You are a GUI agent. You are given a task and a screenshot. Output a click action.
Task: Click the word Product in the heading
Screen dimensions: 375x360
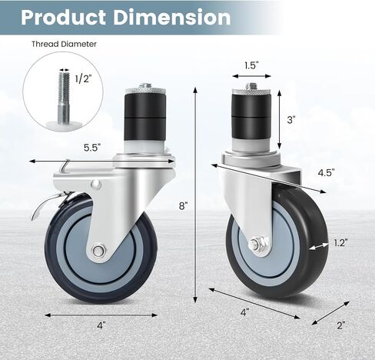click(63, 18)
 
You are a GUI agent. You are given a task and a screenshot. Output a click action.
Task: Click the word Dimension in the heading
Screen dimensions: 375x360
click(172, 18)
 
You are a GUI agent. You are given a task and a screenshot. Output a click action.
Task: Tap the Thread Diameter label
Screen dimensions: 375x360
click(64, 44)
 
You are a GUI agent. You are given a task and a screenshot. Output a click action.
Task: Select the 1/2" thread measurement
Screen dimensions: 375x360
click(83, 78)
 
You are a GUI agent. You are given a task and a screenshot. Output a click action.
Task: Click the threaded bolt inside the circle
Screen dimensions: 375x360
click(64, 98)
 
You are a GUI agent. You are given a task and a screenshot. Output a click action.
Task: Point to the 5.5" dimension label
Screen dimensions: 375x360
click(92, 148)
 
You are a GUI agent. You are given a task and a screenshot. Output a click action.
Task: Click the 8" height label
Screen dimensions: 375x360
click(184, 205)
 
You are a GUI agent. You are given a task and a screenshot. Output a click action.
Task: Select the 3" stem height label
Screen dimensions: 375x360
click(291, 120)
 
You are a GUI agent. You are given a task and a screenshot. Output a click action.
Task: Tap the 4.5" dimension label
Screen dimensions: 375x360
click(327, 172)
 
